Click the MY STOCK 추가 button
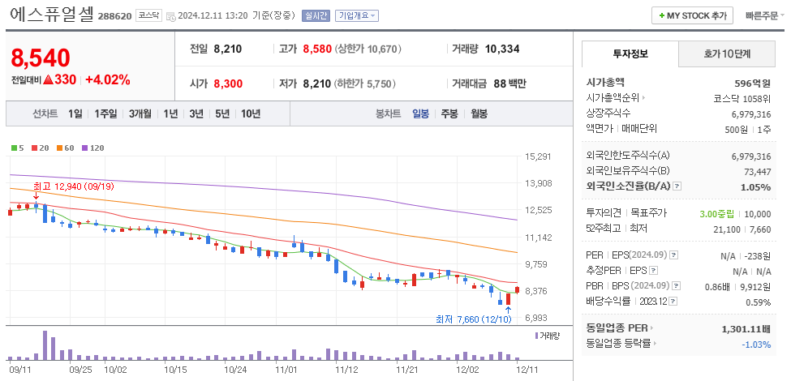(692, 15)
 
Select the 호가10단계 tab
(726, 54)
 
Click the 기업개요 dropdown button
(357, 15)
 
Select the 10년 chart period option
(251, 113)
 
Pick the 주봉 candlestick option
(449, 113)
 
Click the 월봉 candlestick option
(479, 113)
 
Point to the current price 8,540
(41, 58)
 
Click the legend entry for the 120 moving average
(93, 148)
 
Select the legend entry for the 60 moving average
(66, 148)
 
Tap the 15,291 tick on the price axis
(539, 156)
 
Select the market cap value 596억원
(752, 82)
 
